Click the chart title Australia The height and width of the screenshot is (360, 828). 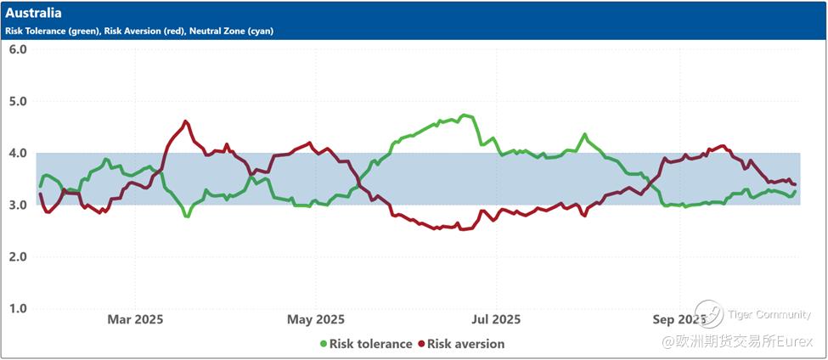pos(33,14)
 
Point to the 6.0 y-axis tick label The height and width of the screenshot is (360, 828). pos(18,49)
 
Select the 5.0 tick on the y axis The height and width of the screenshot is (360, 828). pos(18,101)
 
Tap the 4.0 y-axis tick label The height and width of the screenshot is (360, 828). pos(18,154)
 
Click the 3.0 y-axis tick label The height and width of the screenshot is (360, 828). pos(18,205)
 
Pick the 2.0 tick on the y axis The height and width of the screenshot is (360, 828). pos(18,256)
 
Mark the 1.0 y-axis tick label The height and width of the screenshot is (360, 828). pos(18,308)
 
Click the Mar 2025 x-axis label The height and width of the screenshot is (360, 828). pos(135,320)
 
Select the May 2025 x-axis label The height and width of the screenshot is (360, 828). pos(316,320)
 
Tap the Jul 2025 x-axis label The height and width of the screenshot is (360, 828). pos(496,320)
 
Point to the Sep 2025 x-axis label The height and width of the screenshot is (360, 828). pos(678,320)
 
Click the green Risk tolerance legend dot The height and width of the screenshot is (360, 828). pos(323,344)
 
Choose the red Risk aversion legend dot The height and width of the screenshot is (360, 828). pos(420,344)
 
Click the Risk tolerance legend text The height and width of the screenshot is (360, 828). pos(370,344)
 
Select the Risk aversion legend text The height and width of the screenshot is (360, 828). pos(465,344)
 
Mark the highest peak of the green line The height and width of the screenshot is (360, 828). pos(464,115)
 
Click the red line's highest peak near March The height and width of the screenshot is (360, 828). pos(186,121)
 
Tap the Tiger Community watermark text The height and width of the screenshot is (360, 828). pos(769,315)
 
